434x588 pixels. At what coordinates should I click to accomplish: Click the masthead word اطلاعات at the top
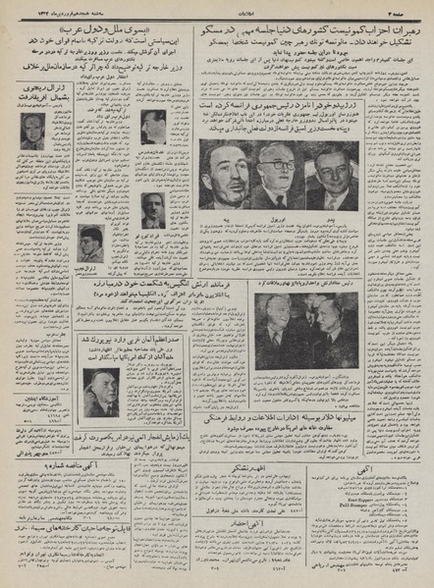tap(217, 8)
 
